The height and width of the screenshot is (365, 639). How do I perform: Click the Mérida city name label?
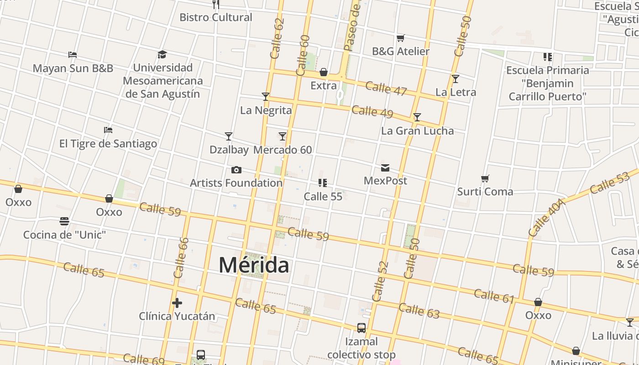(254, 265)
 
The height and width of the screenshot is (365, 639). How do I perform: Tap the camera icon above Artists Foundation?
(236, 170)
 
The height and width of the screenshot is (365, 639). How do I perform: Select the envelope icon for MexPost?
(385, 168)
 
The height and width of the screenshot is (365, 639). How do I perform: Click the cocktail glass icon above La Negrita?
(266, 97)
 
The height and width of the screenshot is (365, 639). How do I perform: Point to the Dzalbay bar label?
(229, 150)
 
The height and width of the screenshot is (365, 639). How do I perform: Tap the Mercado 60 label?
(283, 150)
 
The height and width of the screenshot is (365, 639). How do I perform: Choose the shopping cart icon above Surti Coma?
(485, 178)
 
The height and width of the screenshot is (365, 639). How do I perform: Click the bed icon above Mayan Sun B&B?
(73, 55)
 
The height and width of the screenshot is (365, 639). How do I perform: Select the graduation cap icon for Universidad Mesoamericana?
(162, 55)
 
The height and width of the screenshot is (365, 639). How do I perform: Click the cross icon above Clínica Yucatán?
(177, 302)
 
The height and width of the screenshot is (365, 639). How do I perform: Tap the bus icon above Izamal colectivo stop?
(361, 328)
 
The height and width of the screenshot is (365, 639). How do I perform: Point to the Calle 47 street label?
(386, 89)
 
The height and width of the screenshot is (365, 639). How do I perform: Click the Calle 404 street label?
(547, 218)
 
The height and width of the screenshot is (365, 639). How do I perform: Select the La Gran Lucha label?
(417, 131)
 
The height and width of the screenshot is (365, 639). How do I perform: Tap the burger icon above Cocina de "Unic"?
(64, 221)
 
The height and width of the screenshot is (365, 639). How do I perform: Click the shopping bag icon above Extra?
(324, 72)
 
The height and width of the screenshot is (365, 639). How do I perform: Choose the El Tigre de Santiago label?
(108, 144)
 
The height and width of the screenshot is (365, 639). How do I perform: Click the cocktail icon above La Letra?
(456, 79)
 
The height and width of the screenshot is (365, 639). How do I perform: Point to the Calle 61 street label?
(494, 297)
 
